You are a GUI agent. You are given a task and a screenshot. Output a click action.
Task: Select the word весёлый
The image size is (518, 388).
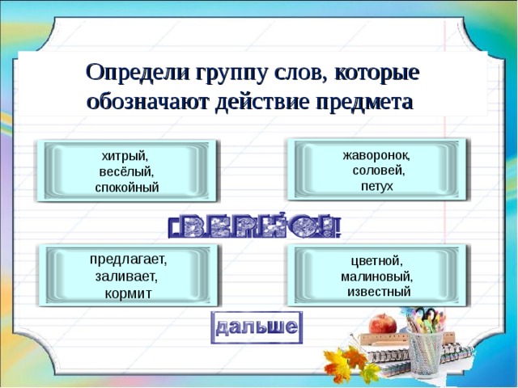[x=126, y=171]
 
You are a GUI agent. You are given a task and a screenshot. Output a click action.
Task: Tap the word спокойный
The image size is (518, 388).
[x=127, y=187]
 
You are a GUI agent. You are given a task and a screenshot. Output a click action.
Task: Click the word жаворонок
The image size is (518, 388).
[x=376, y=155]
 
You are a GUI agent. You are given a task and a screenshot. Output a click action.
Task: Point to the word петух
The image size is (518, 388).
[x=376, y=186]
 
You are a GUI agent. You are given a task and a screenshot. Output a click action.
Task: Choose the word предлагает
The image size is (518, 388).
[x=128, y=260]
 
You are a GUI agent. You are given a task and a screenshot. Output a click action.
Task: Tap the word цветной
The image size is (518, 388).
[x=376, y=261]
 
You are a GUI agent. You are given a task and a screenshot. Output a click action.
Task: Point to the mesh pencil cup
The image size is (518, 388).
[x=424, y=352]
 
